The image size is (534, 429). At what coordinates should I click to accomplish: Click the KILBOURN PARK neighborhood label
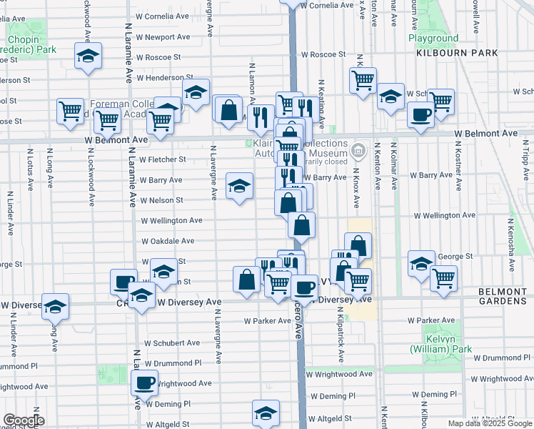pyautogui.click(x=448, y=53)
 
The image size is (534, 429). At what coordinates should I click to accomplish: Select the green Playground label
pyautogui.click(x=433, y=38)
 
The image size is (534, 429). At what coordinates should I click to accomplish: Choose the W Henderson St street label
pyautogui.click(x=165, y=77)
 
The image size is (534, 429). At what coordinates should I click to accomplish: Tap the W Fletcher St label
pyautogui.click(x=163, y=159)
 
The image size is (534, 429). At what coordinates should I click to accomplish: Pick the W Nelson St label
pyautogui.click(x=162, y=201)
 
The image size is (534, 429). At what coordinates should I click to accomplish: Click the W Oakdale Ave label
pyautogui.click(x=168, y=242)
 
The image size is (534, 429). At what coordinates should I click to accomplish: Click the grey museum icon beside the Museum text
pyautogui.click(x=358, y=152)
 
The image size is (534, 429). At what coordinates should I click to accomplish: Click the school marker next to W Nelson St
pyautogui.click(x=240, y=187)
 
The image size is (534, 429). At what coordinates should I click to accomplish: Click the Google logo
pyautogui.click(x=24, y=420)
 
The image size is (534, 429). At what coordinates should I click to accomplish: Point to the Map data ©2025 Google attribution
pyautogui.click(x=490, y=423)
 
